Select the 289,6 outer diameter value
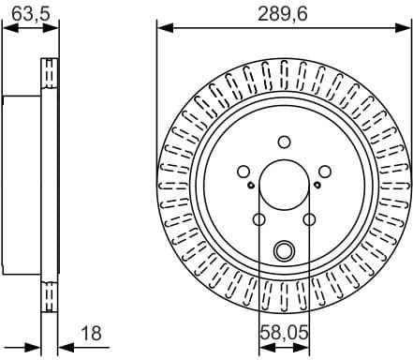tap(282, 11)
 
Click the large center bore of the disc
tap(283, 184)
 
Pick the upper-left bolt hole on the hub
tap(243, 171)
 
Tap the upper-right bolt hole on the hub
tap(324, 171)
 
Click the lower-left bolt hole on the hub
tap(258, 218)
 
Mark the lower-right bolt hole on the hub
tap(308, 218)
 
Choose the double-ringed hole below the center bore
tap(283, 249)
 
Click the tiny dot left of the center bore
tap(251, 185)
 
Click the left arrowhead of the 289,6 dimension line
tap(161, 28)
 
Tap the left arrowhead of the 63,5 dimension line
tap(7, 28)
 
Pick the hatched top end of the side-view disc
tap(48, 74)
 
